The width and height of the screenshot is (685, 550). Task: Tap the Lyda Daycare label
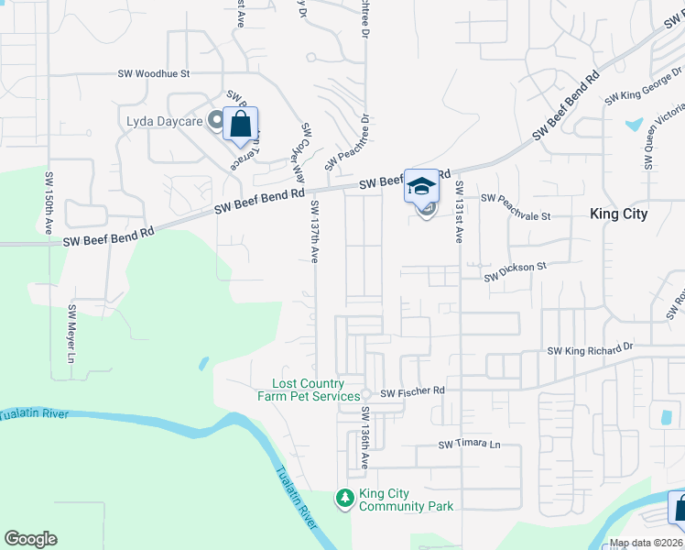pos(164,120)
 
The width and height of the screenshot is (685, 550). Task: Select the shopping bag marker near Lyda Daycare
pos(240,124)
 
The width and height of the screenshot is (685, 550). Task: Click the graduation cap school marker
pos(421,186)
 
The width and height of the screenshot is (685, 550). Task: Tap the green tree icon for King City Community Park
pos(345,499)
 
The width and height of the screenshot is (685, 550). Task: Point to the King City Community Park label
pos(406,500)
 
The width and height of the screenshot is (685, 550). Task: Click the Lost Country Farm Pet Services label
pos(315,390)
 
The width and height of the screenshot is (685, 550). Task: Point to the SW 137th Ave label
pos(314,232)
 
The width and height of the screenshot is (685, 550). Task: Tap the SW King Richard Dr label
pos(591,349)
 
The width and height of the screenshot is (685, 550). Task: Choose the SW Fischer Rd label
pos(412,391)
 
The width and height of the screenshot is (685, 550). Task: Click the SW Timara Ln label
pos(470,445)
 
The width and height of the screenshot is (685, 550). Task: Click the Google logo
pos(31,539)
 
